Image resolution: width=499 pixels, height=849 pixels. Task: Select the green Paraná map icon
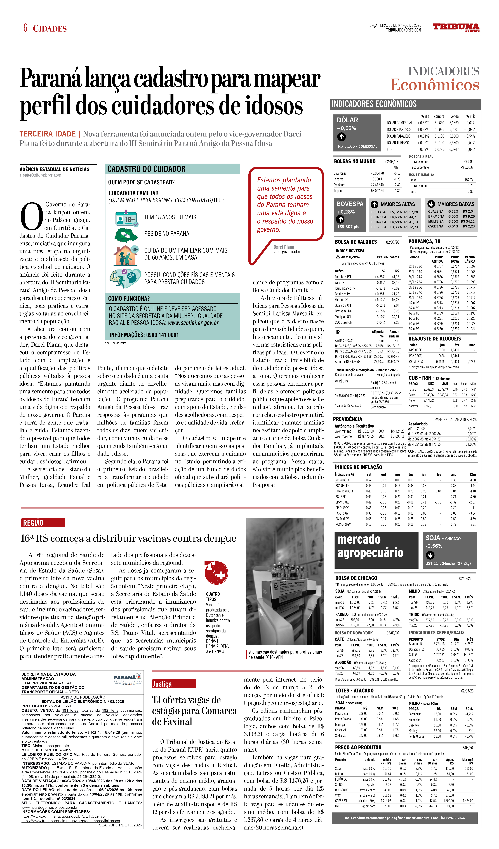pos(126,235)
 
